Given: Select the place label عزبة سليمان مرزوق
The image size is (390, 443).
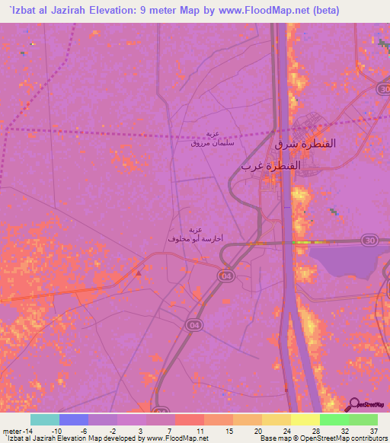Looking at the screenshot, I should pyautogui.click(x=205, y=138).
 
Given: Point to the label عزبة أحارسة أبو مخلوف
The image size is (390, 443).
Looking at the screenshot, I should pyautogui.click(x=194, y=234).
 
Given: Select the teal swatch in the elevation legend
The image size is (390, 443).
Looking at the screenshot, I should pyautogui.click(x=44, y=419).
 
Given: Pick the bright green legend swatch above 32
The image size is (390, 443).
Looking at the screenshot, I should pyautogui.click(x=334, y=419).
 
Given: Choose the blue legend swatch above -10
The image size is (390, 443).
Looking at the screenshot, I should pyautogui.click(x=73, y=419).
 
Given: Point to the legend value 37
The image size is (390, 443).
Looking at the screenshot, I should pyautogui.click(x=372, y=430).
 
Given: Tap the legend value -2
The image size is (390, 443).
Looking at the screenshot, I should pyautogui.click(x=113, y=430).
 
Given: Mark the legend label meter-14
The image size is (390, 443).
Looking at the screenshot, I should pyautogui.click(x=18, y=430).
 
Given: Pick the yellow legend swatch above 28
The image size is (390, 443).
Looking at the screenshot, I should pyautogui.click(x=305, y=419).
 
